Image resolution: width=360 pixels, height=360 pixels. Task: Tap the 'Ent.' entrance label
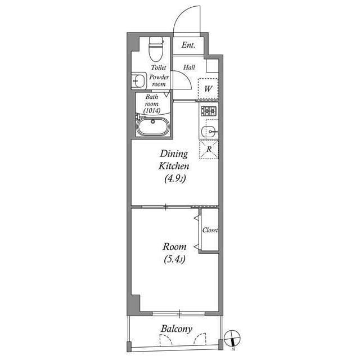click(x=188, y=46)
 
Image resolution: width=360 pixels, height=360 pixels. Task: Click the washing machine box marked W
click(x=208, y=88)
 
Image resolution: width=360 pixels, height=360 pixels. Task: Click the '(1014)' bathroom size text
click(x=152, y=110)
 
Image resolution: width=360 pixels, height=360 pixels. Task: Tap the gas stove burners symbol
click(x=209, y=111)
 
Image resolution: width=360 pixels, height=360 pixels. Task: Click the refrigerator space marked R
click(x=209, y=150)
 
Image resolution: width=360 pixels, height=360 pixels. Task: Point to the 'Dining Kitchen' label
click(x=174, y=160)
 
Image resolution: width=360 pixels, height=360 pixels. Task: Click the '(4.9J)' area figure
click(x=175, y=179)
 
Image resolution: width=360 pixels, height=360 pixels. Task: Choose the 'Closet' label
click(x=210, y=231)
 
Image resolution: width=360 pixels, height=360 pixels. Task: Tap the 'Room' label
click(x=174, y=246)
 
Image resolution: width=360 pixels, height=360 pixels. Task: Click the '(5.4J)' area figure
click(x=174, y=260)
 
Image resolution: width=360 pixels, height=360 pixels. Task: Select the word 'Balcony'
click(x=176, y=329)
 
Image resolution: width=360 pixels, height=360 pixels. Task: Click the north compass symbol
click(x=232, y=339)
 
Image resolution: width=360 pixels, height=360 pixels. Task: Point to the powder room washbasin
click(x=138, y=81)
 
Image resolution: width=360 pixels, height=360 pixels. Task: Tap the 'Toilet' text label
click(x=158, y=67)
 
